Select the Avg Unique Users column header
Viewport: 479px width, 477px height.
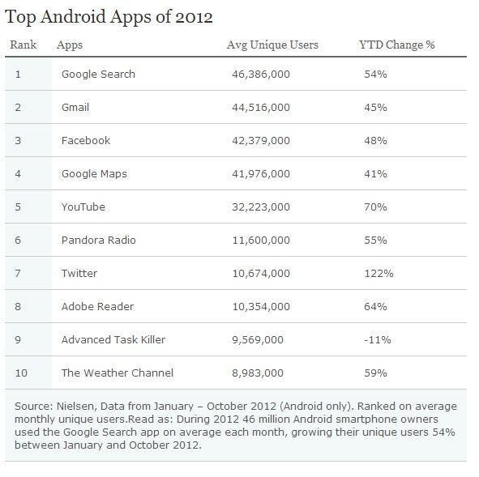click(x=272, y=45)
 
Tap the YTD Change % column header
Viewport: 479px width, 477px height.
click(x=396, y=45)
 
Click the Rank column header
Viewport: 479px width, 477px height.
click(x=23, y=45)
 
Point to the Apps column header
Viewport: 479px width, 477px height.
click(x=70, y=45)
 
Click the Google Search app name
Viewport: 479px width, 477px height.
click(x=98, y=74)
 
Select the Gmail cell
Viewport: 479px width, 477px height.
click(x=75, y=107)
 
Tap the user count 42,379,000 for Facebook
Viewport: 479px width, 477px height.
click(x=260, y=140)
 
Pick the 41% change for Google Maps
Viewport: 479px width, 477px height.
click(x=375, y=173)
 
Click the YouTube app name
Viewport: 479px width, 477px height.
click(x=83, y=207)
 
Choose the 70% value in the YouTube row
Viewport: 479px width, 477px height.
click(x=375, y=207)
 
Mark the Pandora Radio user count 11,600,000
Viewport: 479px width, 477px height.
click(x=260, y=241)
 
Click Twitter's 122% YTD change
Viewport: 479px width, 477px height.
click(x=378, y=274)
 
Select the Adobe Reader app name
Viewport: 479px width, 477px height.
click(x=97, y=306)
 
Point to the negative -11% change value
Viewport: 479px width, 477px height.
click(x=376, y=339)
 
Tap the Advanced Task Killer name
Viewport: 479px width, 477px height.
click(x=113, y=339)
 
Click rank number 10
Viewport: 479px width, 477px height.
click(x=21, y=373)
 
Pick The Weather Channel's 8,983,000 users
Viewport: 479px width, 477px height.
click(x=258, y=373)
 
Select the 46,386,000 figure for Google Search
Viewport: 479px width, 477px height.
click(x=260, y=74)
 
